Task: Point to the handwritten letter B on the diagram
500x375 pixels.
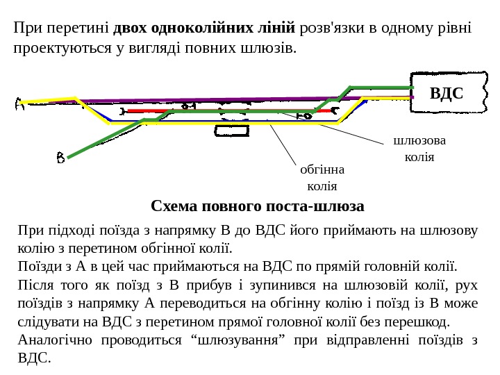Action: point(61,159)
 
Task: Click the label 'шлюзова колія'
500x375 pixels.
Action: point(419,149)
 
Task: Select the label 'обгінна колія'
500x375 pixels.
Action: point(322,177)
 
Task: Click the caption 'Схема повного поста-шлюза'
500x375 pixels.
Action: point(257,207)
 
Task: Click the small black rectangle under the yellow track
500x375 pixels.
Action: point(227,131)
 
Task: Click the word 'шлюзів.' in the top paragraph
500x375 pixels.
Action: point(267,49)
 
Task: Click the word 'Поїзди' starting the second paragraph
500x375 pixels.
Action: point(35,265)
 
